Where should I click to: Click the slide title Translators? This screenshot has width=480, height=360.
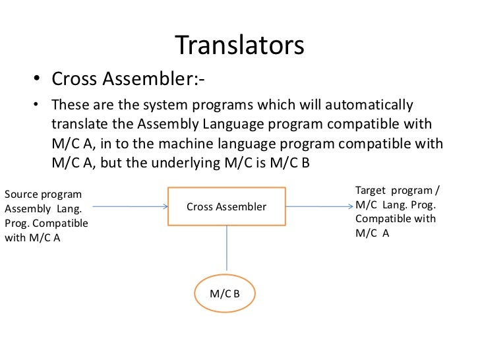(239, 45)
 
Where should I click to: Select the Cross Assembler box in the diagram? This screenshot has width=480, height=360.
(226, 206)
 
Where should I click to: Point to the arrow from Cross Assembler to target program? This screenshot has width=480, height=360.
(319, 206)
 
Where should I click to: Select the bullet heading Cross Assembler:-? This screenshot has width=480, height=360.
(128, 80)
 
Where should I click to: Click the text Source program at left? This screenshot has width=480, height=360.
(43, 195)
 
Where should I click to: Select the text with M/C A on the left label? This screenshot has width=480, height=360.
(32, 238)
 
